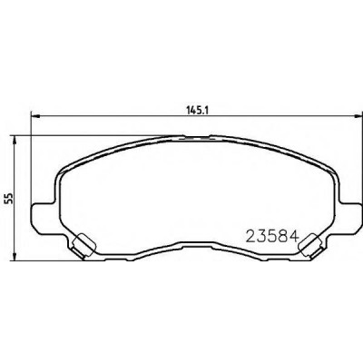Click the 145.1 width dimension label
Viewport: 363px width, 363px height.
click(x=197, y=111)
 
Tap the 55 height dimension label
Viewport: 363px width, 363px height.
click(x=10, y=198)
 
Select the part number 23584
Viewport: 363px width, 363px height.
click(x=271, y=237)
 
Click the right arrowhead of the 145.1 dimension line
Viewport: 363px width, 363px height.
click(x=358, y=115)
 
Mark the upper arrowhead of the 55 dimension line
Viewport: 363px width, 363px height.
click(x=14, y=141)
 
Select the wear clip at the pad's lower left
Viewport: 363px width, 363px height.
click(x=83, y=245)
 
